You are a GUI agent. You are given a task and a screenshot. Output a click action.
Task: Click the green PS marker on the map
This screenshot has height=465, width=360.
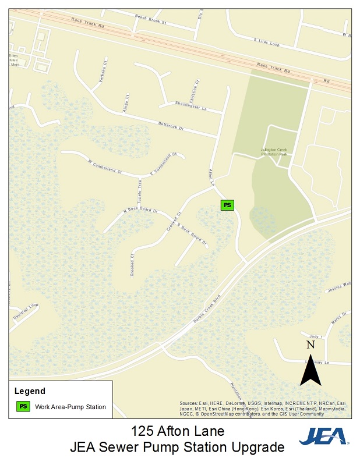[x=227, y=205]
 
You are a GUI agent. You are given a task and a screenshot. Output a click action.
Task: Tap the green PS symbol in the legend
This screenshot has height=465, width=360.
[x=23, y=407]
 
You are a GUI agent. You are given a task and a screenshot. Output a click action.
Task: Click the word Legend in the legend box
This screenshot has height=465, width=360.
[x=30, y=391]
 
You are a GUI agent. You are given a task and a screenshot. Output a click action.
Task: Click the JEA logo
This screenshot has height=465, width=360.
[x=323, y=436]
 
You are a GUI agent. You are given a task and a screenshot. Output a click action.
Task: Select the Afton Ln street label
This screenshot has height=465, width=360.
[x=213, y=177]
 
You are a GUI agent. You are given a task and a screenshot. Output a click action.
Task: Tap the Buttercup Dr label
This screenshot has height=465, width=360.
[x=171, y=126]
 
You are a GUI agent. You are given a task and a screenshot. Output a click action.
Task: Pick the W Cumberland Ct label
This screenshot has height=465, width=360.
[x=105, y=167]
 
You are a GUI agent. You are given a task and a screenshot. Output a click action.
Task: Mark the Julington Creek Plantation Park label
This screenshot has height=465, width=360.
[x=274, y=152]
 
